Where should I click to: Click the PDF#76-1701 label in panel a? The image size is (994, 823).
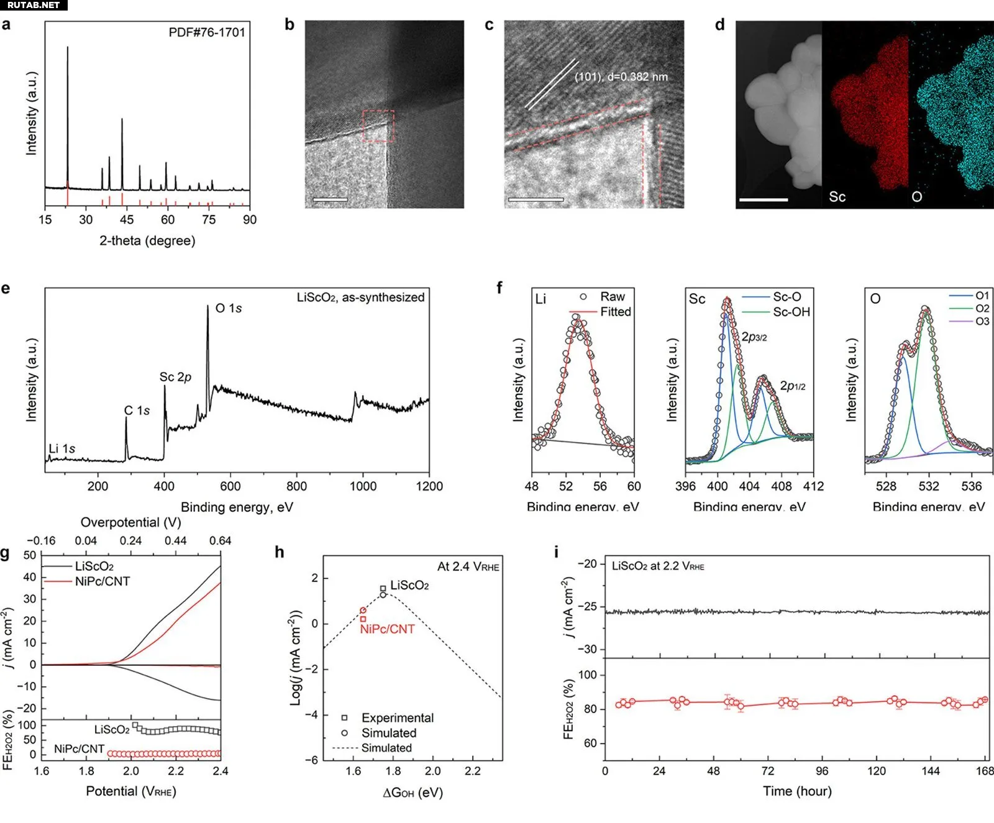[207, 32]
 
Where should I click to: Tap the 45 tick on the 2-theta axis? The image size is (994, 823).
[127, 219]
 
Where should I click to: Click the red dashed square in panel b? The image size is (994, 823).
[378, 126]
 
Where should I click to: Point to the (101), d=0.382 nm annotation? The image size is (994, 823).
[621, 77]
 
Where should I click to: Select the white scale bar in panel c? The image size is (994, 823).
[536, 200]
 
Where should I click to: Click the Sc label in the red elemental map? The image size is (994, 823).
[837, 197]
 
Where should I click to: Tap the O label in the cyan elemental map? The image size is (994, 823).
[916, 197]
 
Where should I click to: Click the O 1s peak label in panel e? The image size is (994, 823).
[228, 308]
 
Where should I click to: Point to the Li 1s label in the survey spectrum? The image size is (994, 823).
[62, 448]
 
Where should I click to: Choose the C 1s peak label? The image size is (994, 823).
[137, 411]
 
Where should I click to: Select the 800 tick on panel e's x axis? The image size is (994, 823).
[296, 486]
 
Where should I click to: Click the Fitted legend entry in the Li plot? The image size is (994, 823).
[615, 312]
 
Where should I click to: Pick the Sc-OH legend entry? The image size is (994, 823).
[791, 312]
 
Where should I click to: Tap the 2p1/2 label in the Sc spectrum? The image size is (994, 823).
[793, 386]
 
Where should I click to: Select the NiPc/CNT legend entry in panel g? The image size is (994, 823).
[102, 581]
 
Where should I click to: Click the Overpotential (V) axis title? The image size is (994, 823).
[131, 522]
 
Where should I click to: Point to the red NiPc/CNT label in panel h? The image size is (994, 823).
[387, 629]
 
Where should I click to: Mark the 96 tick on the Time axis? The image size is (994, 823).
[822, 771]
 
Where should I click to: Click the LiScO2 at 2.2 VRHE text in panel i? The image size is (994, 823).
[658, 566]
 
